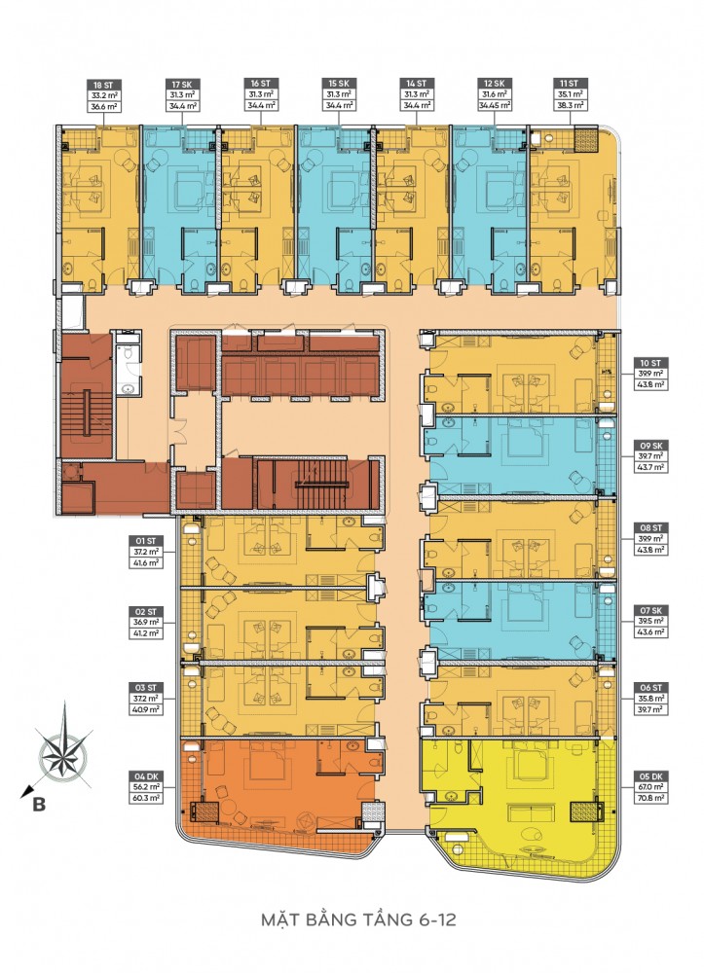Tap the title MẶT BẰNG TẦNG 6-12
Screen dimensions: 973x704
pyautogui.click(x=352, y=919)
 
